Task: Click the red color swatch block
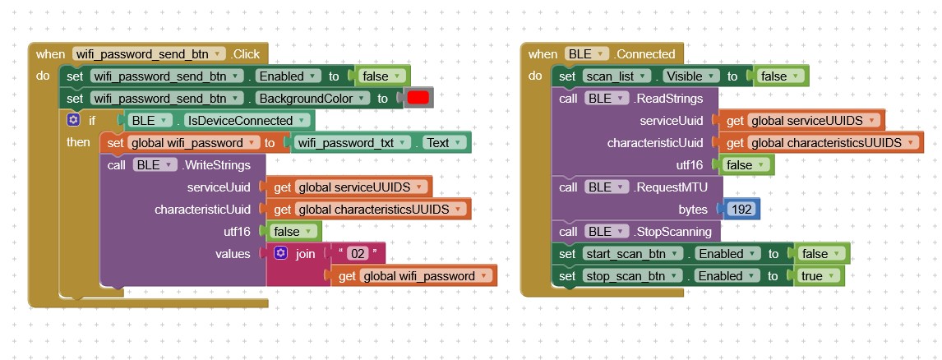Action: [418, 99]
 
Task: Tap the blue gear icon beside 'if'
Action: [74, 121]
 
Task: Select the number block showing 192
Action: [741, 210]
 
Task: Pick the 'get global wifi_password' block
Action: [418, 276]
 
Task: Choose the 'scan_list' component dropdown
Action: [616, 76]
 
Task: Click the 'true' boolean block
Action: [816, 276]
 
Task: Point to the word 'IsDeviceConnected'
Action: [238, 121]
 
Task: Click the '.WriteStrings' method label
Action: [217, 165]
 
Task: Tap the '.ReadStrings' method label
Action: [668, 99]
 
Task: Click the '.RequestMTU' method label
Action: [671, 187]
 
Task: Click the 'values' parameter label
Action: [233, 254]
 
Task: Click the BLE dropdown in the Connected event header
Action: [587, 54]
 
